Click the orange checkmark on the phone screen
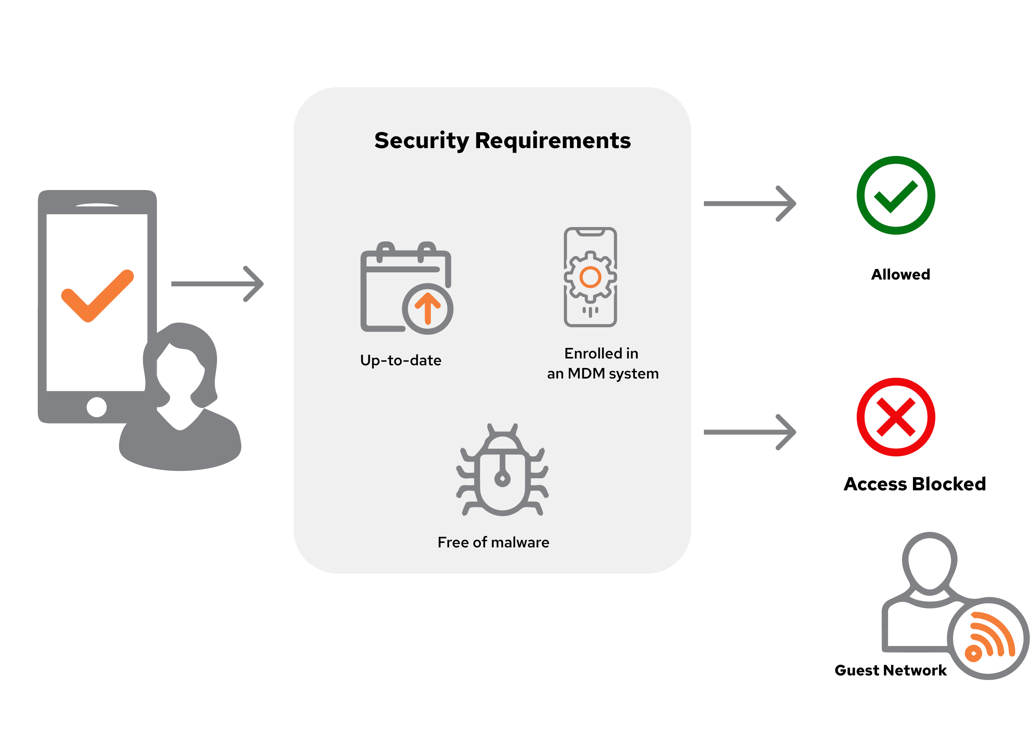click(x=97, y=296)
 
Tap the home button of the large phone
click(x=97, y=407)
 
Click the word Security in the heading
click(x=422, y=141)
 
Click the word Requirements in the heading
click(x=553, y=141)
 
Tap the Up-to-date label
click(x=400, y=360)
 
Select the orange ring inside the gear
click(x=590, y=277)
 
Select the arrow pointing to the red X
click(x=750, y=432)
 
